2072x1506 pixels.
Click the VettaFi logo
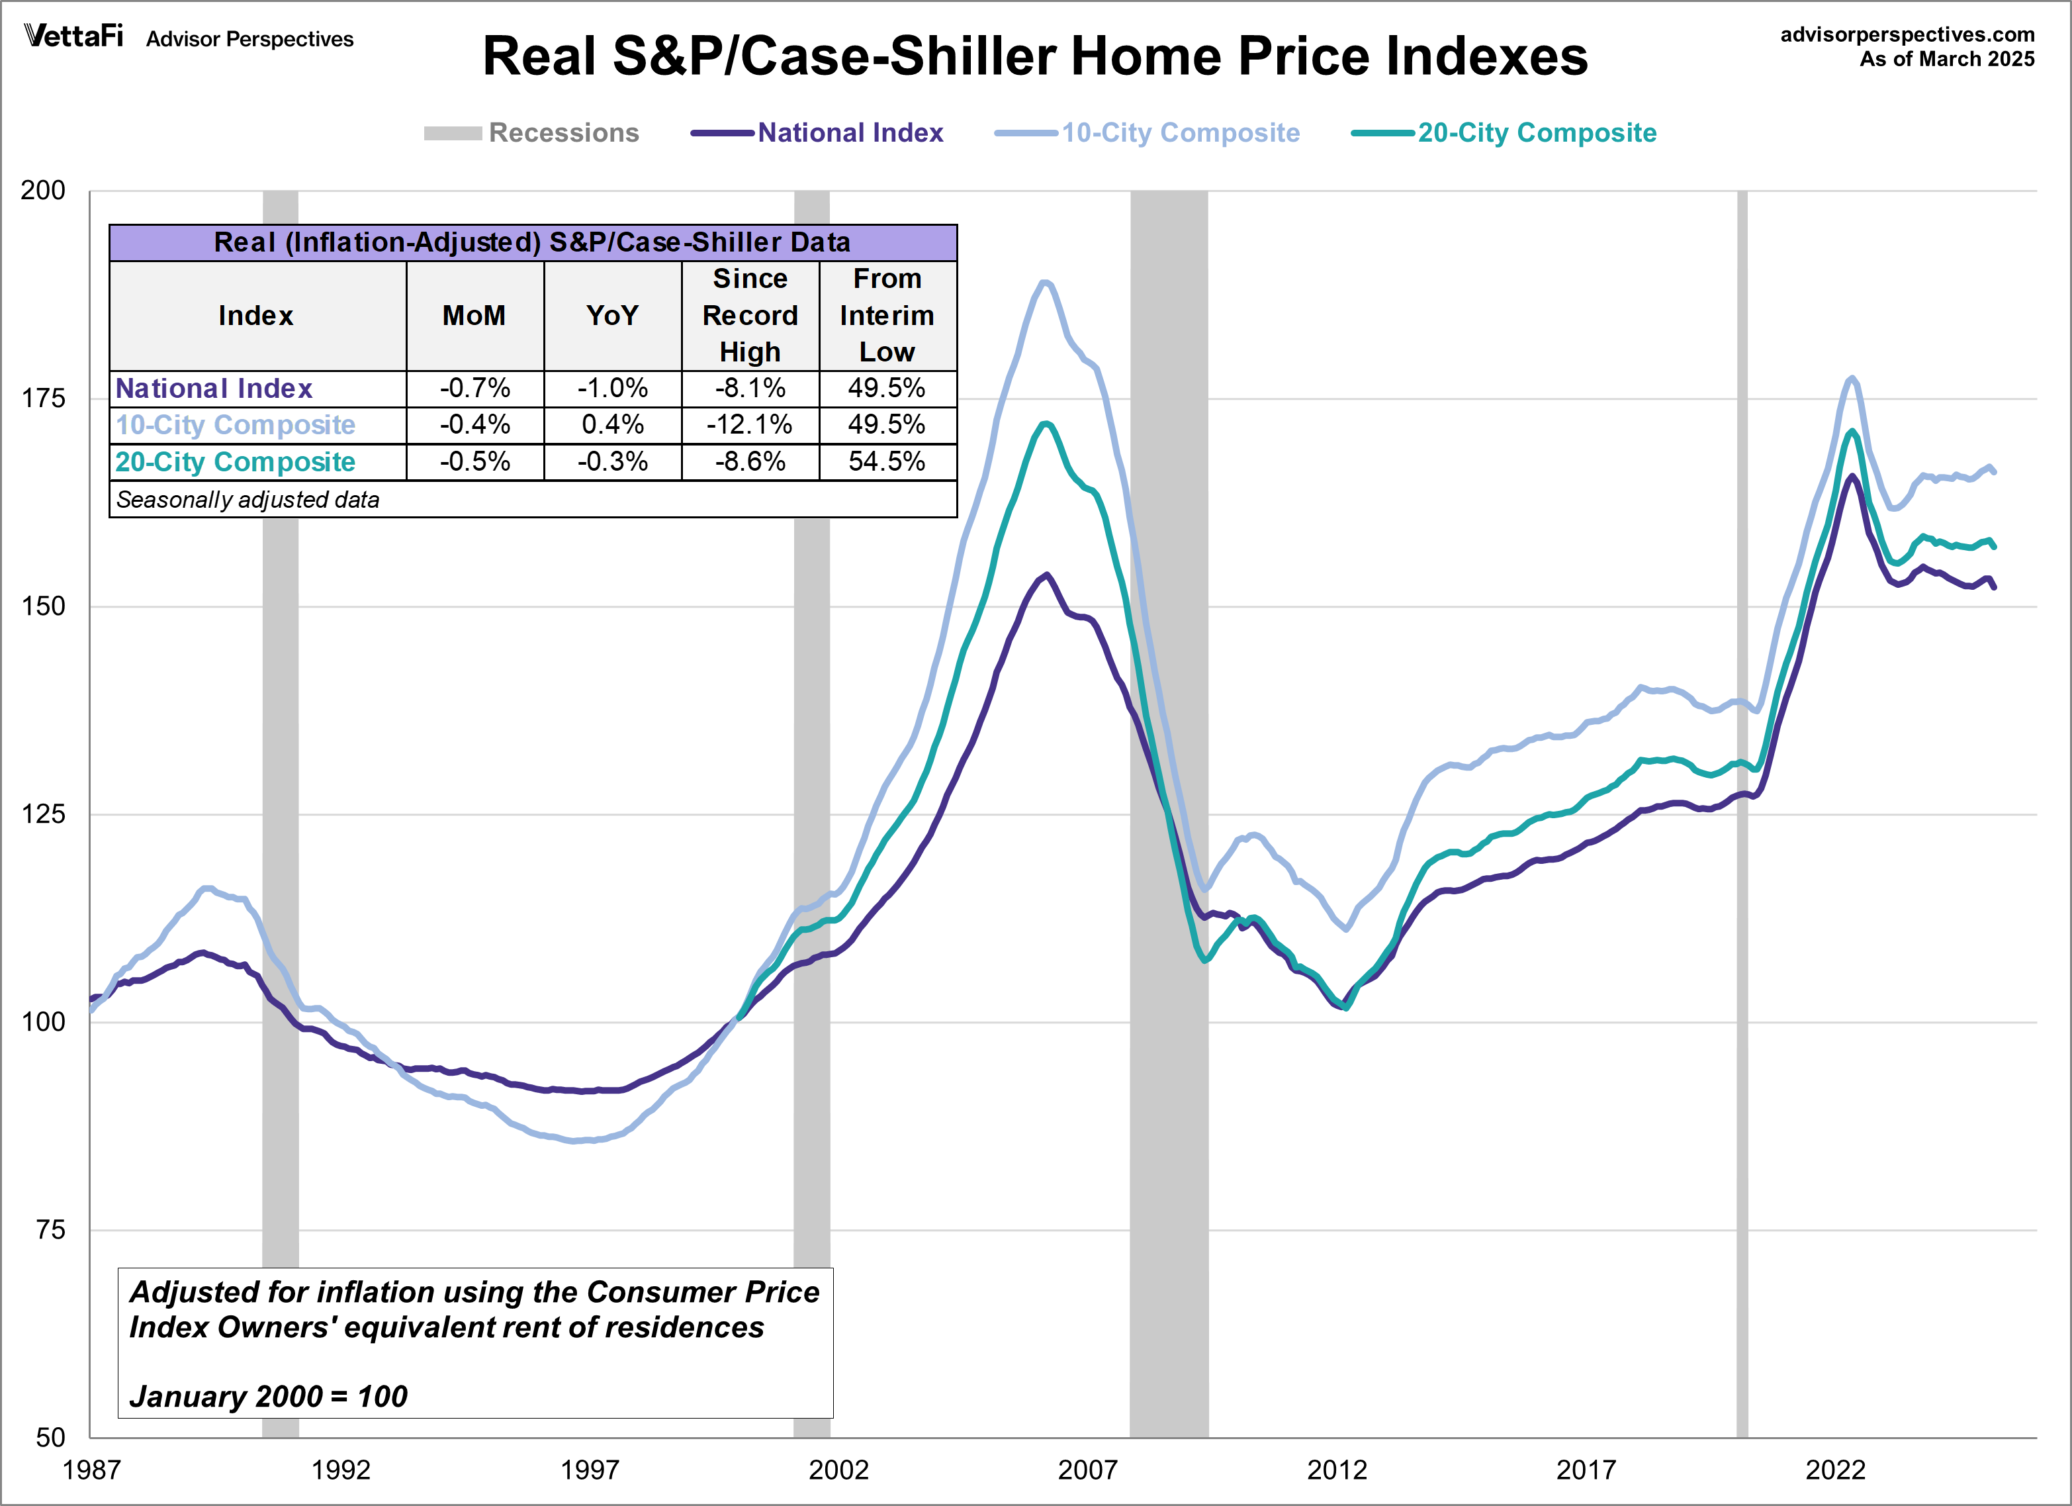tap(73, 36)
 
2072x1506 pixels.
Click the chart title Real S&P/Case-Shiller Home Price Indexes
tap(1034, 57)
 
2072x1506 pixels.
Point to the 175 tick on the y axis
tap(43, 399)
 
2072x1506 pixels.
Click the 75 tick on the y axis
tap(50, 1230)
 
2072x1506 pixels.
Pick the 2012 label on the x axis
tap(1337, 1470)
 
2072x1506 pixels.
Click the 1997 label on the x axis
tap(589, 1470)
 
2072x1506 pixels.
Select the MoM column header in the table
tap(474, 316)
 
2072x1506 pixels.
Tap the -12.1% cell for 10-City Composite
tap(750, 425)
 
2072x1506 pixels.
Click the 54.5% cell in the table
tap(887, 461)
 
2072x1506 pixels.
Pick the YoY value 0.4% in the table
tap(612, 425)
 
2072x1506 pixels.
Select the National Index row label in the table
tap(214, 389)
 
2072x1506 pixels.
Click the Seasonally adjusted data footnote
tap(248, 500)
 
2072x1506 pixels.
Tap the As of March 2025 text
tap(1946, 60)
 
